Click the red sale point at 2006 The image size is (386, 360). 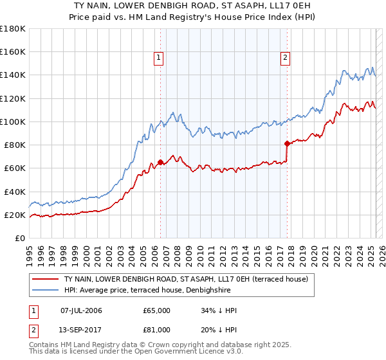[x=160, y=163]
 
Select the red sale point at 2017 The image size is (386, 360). [x=287, y=143]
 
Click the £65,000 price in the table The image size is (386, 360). [x=157, y=310]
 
